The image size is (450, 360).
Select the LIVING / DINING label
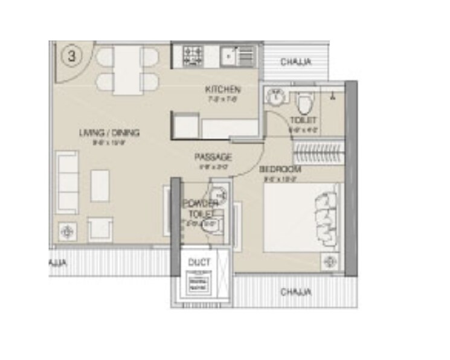[110, 133]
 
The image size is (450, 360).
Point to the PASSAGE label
[213, 158]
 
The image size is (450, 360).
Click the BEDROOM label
[280, 170]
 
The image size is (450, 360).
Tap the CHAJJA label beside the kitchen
[296, 61]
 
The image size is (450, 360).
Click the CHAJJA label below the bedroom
[296, 292]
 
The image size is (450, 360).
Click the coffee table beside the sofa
[100, 184]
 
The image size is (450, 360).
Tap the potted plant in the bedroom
[330, 261]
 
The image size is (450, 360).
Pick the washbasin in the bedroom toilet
[275, 96]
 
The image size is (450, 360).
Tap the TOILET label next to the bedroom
[303, 120]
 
